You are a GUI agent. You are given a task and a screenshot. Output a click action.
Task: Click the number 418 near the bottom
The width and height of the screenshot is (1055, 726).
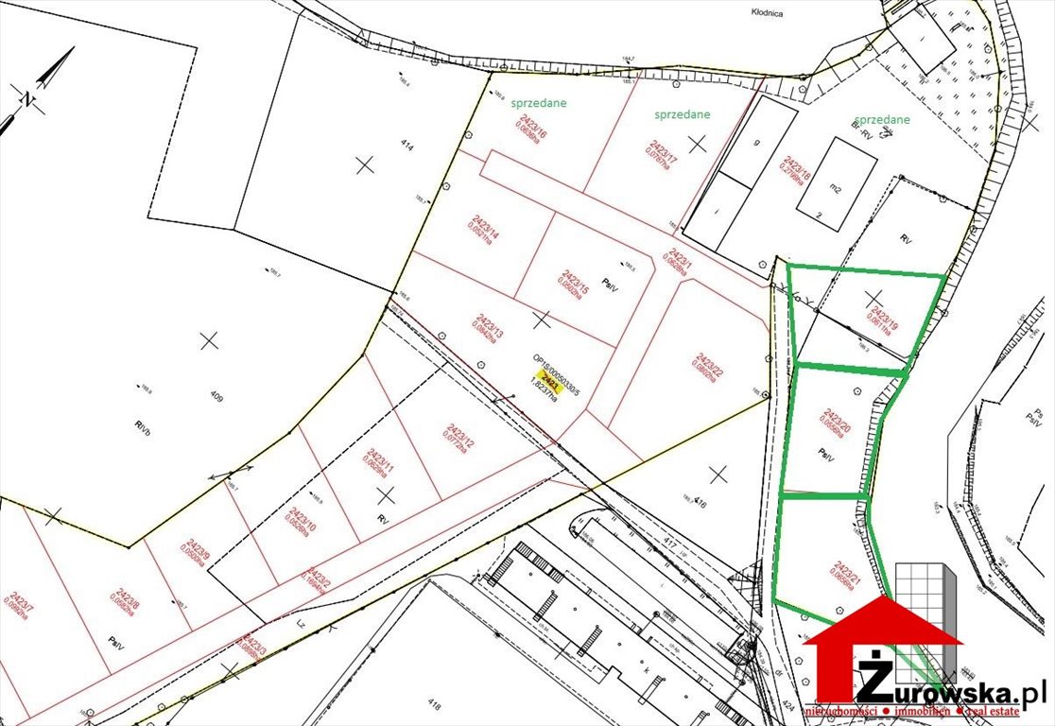pyautogui.click(x=434, y=704)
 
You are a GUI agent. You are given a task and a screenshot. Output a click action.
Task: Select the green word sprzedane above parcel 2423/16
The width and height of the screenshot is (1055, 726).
pyautogui.click(x=540, y=104)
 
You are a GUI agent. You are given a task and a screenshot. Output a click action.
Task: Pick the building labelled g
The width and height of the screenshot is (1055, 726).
pyautogui.click(x=757, y=144)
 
